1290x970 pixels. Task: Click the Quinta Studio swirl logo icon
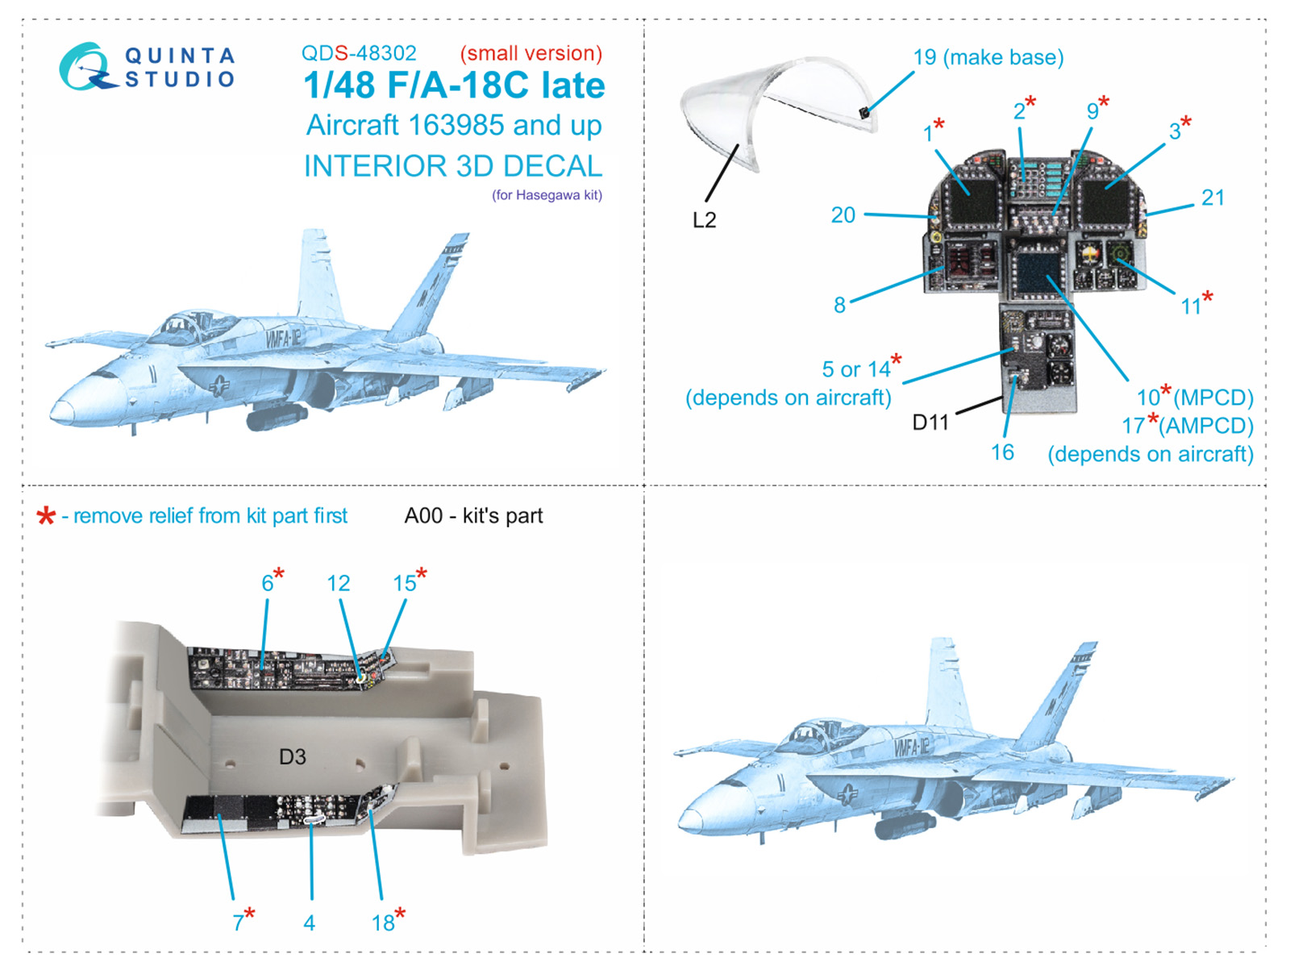pos(88,66)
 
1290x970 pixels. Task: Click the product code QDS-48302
pos(359,53)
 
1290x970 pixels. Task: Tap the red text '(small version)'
pos(531,53)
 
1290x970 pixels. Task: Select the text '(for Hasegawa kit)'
pos(547,195)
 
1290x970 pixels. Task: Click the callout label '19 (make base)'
pos(988,57)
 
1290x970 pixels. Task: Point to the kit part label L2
pos(704,220)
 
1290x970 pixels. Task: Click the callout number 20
pos(843,215)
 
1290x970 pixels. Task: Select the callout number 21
pos(1213,198)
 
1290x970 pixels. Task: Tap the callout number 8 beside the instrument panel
pos(839,305)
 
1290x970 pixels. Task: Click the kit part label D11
pos(930,423)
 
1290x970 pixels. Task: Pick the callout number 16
pos(1002,452)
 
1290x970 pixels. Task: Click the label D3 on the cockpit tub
pos(292,757)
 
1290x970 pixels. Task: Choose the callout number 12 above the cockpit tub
pos(338,584)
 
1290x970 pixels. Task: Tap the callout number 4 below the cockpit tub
pos(309,923)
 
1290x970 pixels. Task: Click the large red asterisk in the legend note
pos(46,516)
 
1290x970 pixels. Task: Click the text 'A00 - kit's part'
pos(473,516)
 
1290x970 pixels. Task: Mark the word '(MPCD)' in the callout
pos(1213,398)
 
